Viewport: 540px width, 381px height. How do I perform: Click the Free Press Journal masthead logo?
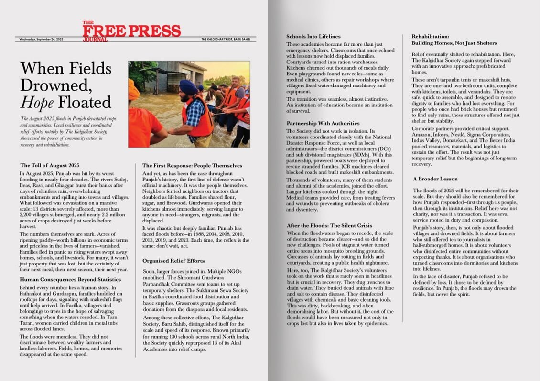131,30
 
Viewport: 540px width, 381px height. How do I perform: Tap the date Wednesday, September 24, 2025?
42,39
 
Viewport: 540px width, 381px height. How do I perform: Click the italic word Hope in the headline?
38,102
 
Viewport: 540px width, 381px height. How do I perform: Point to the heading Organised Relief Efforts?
174,261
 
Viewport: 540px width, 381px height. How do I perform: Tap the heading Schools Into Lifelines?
313,36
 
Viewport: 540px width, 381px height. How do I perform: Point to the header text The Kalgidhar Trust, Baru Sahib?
228,39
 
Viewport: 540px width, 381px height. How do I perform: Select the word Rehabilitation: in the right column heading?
431,36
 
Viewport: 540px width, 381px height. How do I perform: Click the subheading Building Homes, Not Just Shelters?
454,43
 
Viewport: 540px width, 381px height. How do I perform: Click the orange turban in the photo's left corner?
134,90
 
